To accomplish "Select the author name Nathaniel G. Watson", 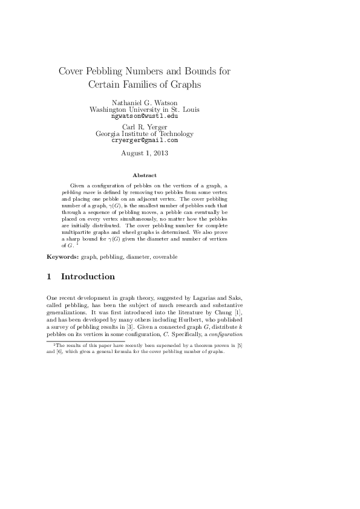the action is (145, 103).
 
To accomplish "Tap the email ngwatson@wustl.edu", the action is (145, 116).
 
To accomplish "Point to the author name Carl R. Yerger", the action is (145, 127).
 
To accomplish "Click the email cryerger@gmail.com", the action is (145, 140).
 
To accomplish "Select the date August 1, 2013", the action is (145, 154).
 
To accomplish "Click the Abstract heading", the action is (145, 175).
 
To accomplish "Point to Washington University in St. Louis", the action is (145, 109).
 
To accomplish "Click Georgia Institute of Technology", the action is (145, 134).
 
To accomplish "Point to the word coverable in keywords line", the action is (165, 257).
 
